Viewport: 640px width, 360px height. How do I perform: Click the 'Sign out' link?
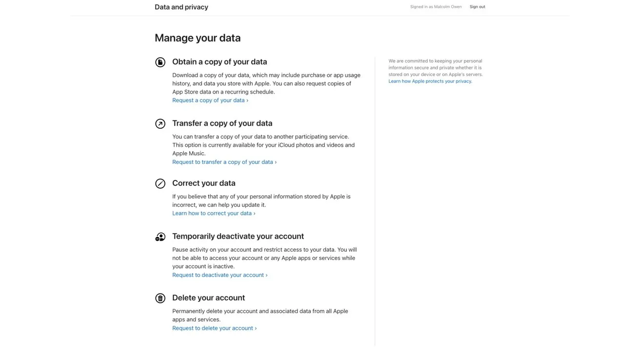click(477, 7)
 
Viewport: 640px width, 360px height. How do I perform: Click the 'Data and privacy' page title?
click(181, 7)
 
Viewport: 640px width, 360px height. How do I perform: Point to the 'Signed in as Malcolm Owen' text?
click(436, 7)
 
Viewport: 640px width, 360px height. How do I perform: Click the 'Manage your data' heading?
click(198, 38)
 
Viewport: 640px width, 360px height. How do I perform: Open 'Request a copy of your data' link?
click(210, 100)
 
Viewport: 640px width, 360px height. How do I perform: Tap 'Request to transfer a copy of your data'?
click(224, 162)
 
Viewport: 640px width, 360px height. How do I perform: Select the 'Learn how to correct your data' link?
click(213, 213)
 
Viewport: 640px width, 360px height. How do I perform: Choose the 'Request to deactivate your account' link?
click(220, 275)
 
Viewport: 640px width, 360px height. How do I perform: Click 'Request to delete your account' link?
click(214, 328)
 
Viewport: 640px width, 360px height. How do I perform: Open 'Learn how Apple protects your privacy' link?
click(430, 81)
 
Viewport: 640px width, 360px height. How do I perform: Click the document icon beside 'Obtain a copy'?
click(160, 62)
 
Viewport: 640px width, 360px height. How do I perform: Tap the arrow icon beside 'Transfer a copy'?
click(160, 124)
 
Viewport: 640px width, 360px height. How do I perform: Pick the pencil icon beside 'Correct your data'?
click(160, 183)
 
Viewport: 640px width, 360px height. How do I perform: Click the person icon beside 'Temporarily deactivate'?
click(160, 237)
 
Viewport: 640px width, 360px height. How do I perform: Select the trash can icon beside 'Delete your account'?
click(160, 298)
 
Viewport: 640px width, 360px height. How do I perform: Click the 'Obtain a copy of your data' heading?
click(220, 62)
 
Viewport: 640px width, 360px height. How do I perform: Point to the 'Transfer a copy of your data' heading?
click(222, 123)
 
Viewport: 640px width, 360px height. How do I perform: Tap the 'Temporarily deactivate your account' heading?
click(238, 236)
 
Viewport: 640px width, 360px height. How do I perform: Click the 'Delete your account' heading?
click(208, 298)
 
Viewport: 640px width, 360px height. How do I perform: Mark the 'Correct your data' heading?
click(203, 183)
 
